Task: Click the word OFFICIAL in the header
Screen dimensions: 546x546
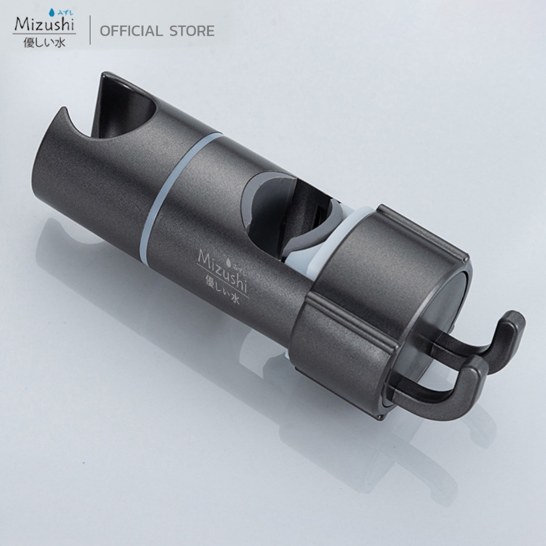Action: (131, 31)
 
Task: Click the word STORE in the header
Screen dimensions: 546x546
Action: (192, 31)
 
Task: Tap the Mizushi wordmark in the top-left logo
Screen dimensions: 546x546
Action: (44, 24)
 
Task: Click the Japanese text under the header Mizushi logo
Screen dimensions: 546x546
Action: (44, 43)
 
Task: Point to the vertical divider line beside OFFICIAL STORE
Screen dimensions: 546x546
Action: (90, 30)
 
